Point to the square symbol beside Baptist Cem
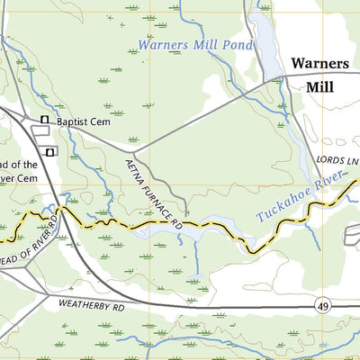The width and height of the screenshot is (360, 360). coord(43,120)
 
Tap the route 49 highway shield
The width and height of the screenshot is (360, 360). coord(322,307)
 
